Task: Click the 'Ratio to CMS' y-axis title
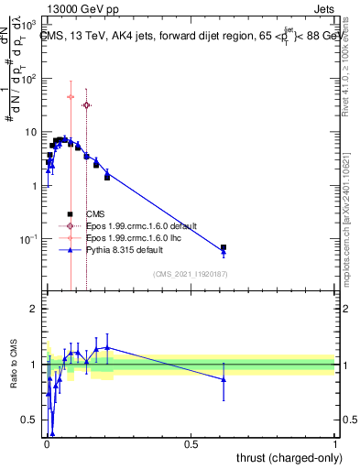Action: pos(14,365)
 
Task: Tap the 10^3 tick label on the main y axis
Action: pos(27,27)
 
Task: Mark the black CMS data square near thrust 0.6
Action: pos(224,247)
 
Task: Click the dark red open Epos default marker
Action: pos(87,105)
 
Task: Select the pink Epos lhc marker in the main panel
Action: pos(71,96)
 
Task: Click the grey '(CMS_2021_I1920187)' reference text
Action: pos(191,272)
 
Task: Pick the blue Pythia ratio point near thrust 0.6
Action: pos(224,379)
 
